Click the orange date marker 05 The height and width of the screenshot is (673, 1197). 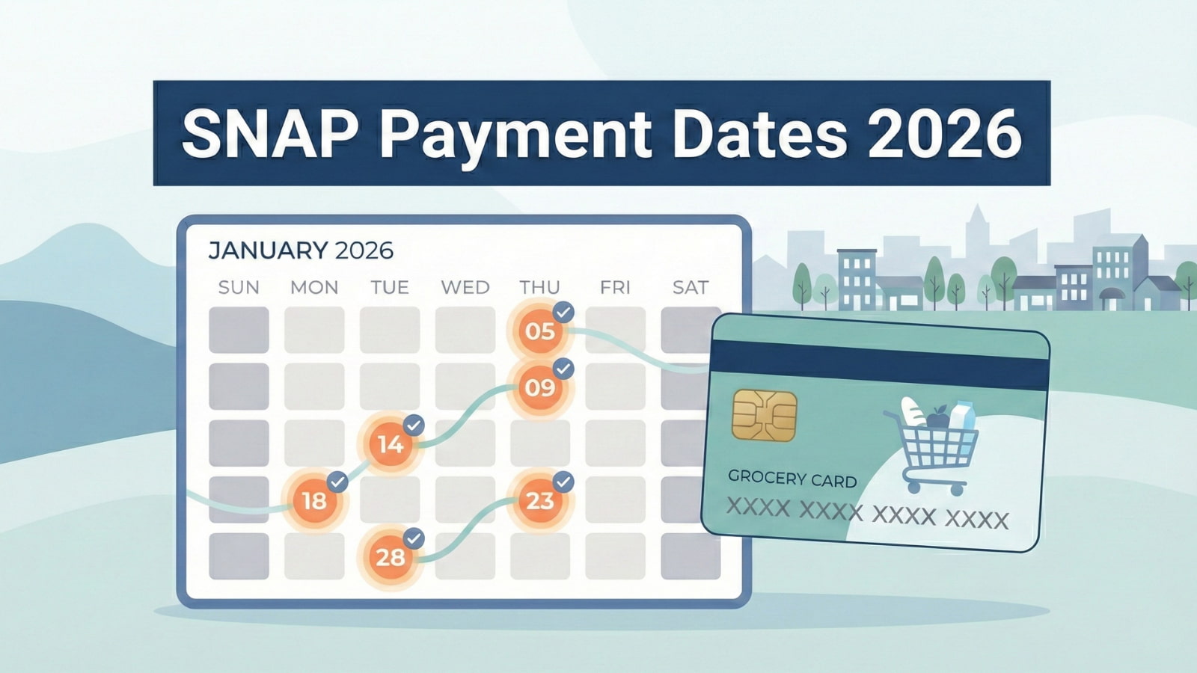(539, 331)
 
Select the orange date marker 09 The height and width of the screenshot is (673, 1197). (539, 387)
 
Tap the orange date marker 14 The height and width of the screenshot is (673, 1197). (390, 444)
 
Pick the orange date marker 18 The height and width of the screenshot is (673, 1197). (314, 500)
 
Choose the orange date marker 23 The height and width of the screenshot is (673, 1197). (539, 500)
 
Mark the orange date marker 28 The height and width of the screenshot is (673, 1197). (390, 557)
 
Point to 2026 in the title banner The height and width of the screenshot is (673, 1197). (945, 134)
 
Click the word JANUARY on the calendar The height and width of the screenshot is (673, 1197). (267, 250)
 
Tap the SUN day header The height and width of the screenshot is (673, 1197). (239, 287)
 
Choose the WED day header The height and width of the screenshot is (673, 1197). (465, 287)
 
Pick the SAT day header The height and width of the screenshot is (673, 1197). (690, 287)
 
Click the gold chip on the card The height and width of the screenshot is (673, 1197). (764, 414)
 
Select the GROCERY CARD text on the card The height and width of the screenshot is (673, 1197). (792, 478)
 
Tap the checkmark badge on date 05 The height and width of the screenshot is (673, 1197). (563, 312)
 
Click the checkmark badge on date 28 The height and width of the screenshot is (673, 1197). (414, 538)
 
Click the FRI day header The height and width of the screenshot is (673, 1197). (615, 287)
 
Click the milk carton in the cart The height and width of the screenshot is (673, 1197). (962, 416)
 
